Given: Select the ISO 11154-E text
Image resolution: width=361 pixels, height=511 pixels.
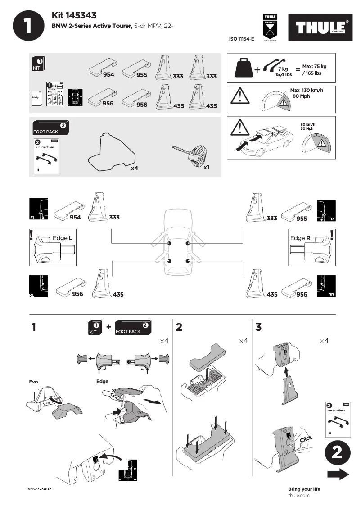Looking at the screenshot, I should pos(242,39).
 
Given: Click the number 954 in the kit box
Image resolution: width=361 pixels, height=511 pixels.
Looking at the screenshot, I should pos(108,74).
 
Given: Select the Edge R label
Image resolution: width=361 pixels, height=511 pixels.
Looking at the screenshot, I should pos(301,238).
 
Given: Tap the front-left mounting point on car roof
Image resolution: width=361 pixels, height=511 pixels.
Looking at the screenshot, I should pos(169,243).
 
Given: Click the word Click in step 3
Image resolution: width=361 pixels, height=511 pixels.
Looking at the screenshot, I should pos(306,439).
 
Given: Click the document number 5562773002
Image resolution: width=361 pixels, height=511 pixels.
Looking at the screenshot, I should pos(40,489).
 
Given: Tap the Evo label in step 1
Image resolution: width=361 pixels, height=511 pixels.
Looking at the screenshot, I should pos(33,382).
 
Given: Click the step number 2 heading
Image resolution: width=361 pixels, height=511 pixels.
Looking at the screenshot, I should pos(179,328).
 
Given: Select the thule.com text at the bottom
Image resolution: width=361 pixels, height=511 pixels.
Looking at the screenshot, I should pos(298,495).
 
